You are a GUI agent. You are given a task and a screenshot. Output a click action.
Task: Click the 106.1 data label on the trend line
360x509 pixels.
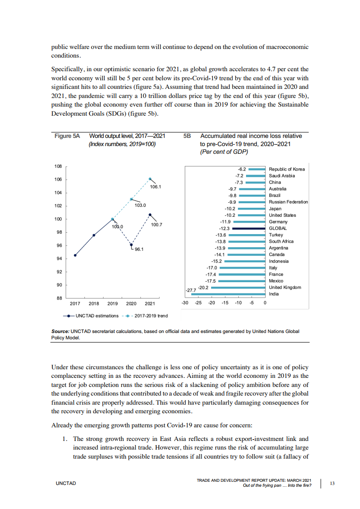156,186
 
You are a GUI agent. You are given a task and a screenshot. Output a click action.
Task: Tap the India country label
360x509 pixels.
274,294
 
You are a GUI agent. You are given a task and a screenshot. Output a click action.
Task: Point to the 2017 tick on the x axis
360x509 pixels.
75,303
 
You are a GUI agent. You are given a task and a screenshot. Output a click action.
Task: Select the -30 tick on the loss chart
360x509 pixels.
185,303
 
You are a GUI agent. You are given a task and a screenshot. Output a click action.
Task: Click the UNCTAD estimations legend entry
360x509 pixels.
96,316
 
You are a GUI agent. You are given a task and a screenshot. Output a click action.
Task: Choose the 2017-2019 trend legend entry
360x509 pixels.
151,316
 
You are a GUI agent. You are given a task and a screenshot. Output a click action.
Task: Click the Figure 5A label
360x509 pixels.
67,136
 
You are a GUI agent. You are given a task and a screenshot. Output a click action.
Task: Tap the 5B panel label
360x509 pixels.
187,136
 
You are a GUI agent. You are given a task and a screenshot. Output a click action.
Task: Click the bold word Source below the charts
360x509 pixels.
60,331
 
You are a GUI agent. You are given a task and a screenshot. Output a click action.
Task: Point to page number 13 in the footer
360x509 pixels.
332,484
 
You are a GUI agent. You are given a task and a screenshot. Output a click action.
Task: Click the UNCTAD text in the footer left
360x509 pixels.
66,484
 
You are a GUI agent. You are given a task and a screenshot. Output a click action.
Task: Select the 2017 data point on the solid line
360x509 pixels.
75,255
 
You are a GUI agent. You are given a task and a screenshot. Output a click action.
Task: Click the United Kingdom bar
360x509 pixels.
238,287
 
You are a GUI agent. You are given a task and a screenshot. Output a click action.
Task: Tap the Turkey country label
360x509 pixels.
276,235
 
